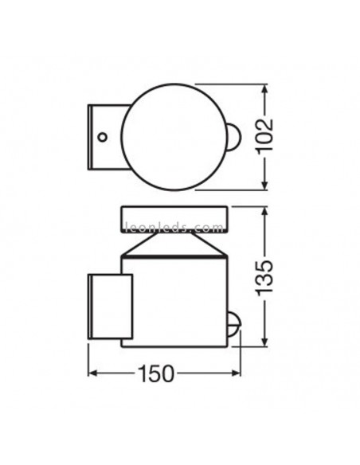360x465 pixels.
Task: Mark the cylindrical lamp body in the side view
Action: coord(173,303)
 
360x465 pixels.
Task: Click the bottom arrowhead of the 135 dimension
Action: coord(266,346)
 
